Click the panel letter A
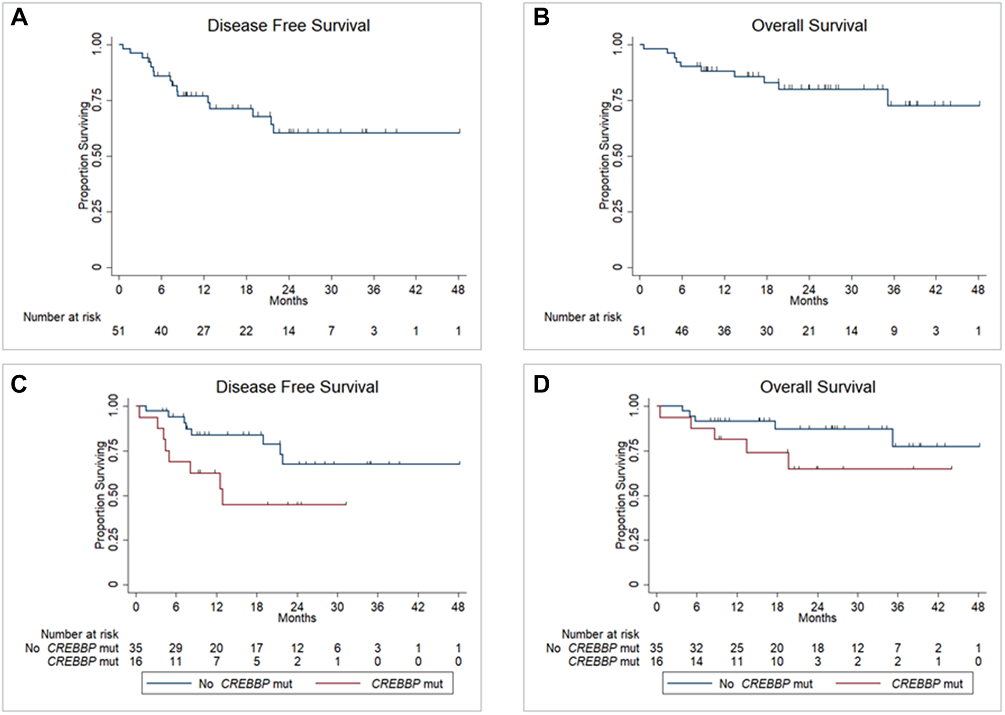tap(19, 18)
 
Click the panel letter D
tap(541, 384)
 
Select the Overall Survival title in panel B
tap(809, 26)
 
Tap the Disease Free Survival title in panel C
tap(297, 387)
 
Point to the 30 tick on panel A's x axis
tap(331, 289)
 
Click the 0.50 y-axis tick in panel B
tap(618, 156)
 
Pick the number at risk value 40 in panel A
tap(161, 331)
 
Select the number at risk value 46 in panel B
tap(681, 331)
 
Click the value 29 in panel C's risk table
tap(175, 648)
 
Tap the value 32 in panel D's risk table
tap(696, 648)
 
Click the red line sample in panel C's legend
tap(338, 683)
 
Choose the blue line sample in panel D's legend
tap(688, 683)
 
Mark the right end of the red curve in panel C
tap(346, 504)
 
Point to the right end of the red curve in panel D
tap(951, 468)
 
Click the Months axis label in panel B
tap(809, 301)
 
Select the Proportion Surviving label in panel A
tap(83, 156)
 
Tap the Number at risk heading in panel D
tap(600, 634)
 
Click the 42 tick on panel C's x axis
tap(418, 607)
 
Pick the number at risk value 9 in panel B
tap(894, 331)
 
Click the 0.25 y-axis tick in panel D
tap(635, 540)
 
